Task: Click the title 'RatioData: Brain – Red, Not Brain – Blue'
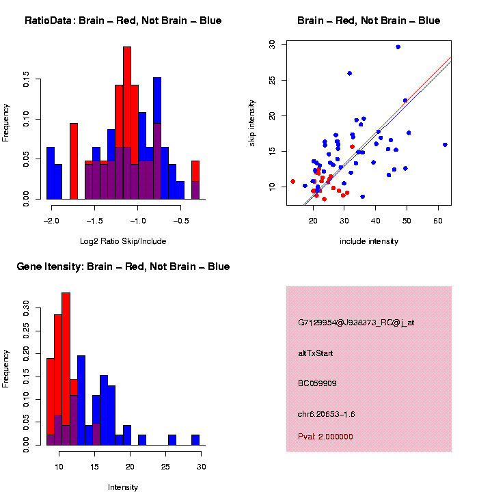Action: (123, 20)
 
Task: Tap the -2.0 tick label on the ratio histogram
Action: (51, 221)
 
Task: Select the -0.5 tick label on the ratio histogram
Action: (180, 221)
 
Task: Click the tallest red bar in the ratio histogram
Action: (127, 123)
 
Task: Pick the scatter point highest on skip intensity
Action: (398, 47)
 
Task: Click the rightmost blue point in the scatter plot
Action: (445, 145)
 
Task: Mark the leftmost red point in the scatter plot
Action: (292, 181)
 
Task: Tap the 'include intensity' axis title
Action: (369, 241)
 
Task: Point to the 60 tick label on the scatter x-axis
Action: (438, 221)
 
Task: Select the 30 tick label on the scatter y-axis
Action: (272, 44)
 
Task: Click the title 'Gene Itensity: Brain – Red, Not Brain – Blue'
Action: (123, 266)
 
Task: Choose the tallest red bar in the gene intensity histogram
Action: (66, 369)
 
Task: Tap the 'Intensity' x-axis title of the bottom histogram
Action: (123, 487)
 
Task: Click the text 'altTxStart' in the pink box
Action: (315, 353)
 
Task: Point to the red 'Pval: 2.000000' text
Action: (325, 437)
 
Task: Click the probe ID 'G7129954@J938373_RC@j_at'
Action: (355, 323)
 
